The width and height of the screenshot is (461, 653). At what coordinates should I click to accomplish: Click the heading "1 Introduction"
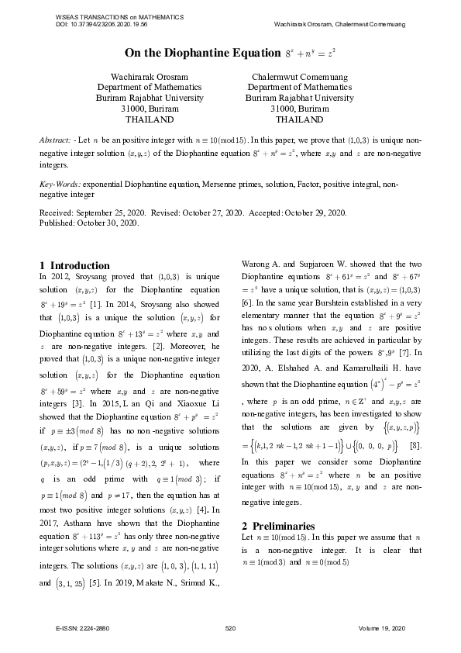(x=74, y=265)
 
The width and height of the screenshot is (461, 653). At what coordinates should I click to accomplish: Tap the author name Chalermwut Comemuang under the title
(x=299, y=78)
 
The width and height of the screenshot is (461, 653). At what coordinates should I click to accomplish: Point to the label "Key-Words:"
(x=60, y=185)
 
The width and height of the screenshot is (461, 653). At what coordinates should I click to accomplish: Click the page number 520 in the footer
(x=230, y=627)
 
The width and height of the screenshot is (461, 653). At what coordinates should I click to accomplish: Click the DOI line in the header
(x=102, y=25)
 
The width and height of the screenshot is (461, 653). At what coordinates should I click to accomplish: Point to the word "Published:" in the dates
(x=59, y=223)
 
